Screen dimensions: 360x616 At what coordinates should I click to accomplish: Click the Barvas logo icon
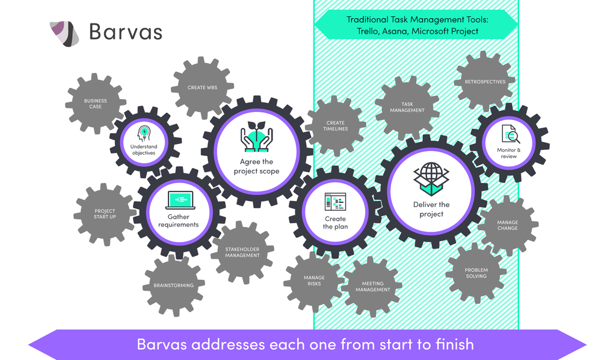[x=64, y=33]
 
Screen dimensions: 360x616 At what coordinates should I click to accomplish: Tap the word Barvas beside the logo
[x=125, y=31]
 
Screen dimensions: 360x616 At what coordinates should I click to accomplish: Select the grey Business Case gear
[x=96, y=104]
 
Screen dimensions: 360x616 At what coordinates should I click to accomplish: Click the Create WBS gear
[x=202, y=87]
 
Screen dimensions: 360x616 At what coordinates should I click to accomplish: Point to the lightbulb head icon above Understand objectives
[x=144, y=133]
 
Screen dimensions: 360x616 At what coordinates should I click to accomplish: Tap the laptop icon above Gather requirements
[x=179, y=200]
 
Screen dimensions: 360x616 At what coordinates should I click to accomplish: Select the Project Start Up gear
[x=105, y=214]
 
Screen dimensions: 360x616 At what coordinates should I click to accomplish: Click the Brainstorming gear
[x=174, y=285]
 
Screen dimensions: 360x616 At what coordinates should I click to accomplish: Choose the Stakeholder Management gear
[x=242, y=252]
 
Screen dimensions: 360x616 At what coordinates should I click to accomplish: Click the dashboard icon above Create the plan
[x=335, y=202]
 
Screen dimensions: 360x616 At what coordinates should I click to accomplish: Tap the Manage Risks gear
[x=313, y=281]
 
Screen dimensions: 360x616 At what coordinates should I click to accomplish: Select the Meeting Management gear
[x=372, y=287]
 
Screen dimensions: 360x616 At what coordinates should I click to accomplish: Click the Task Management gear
[x=407, y=107]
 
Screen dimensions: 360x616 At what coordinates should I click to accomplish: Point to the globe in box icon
[x=431, y=179]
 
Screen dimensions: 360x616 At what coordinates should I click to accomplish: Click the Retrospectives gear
[x=485, y=82]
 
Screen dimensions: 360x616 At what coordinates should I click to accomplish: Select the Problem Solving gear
[x=476, y=273]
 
